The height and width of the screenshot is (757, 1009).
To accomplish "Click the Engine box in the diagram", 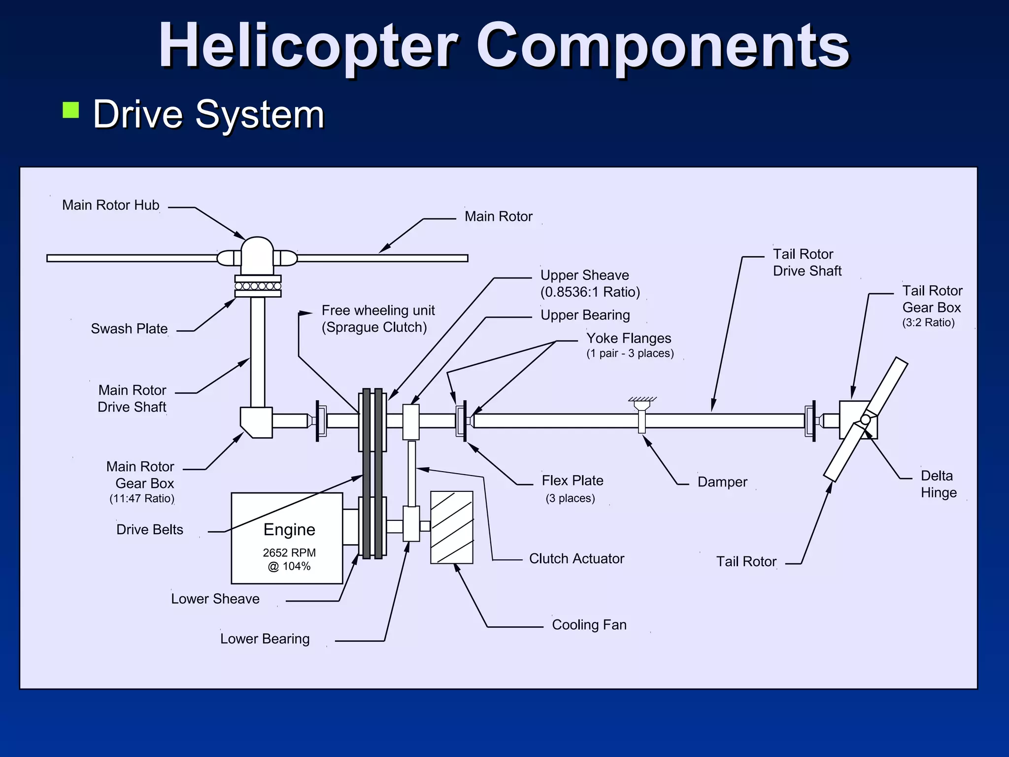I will [287, 538].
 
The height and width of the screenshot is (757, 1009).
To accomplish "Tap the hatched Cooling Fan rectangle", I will [451, 527].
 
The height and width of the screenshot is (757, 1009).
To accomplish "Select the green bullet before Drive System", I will [71, 110].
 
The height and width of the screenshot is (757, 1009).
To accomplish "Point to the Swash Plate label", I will [129, 329].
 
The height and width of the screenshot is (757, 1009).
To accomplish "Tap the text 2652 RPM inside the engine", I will [289, 552].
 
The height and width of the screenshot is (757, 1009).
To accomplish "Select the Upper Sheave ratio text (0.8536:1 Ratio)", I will [590, 292].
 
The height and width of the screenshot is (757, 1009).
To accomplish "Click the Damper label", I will [722, 482].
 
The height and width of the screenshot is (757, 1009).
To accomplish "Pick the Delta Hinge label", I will [938, 484].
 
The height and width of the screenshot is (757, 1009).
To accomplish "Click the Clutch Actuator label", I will [576, 558].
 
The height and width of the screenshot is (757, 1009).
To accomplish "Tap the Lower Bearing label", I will [265, 639].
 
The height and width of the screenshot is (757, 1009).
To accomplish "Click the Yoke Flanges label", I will [629, 339].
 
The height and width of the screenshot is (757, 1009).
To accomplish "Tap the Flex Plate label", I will [572, 481].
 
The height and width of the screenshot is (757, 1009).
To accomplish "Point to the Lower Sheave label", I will [215, 599].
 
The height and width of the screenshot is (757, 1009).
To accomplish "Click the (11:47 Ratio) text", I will [142, 498].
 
